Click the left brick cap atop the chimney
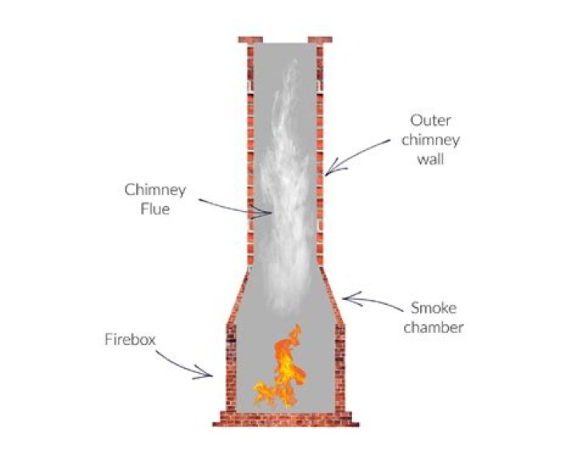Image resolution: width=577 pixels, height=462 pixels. click(x=251, y=39)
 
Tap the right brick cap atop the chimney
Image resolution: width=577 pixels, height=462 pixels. click(x=320, y=39)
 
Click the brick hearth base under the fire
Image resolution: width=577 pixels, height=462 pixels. click(x=284, y=418)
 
